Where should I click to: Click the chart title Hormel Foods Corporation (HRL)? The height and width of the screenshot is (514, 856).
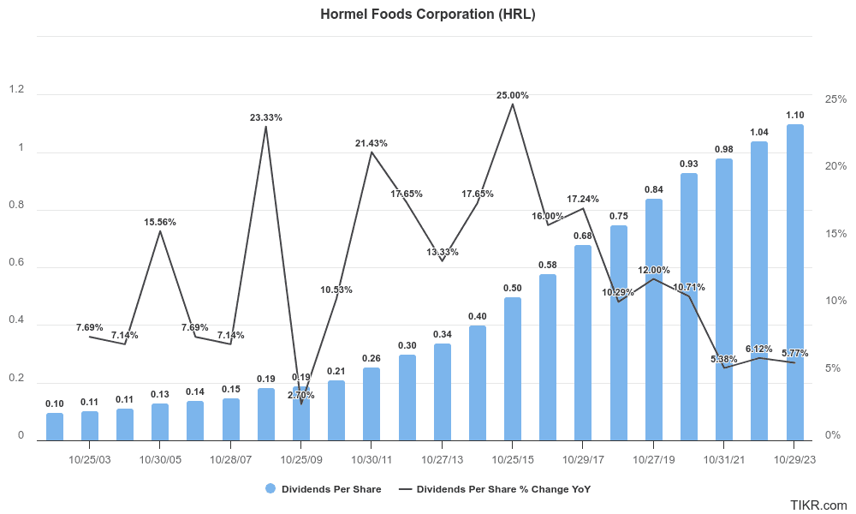click(427, 14)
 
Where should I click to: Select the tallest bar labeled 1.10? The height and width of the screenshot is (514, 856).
click(794, 283)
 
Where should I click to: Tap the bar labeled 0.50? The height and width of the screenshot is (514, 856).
click(513, 368)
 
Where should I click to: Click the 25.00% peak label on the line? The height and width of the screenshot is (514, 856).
click(513, 95)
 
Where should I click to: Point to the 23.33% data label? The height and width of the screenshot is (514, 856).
click(266, 117)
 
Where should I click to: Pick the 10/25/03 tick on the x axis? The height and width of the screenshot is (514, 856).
click(90, 460)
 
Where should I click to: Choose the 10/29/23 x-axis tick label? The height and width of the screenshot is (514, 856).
click(794, 460)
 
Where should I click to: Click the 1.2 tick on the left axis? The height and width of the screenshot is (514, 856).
click(15, 90)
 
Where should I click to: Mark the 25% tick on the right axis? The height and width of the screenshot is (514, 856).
click(835, 99)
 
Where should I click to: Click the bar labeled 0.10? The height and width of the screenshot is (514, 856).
click(55, 427)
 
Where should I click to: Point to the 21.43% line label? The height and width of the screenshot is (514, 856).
click(372, 143)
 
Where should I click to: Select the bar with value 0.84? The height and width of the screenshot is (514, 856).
click(653, 320)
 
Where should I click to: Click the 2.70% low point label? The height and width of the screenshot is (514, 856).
click(301, 395)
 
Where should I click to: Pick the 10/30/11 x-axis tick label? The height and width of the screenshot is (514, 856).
click(372, 460)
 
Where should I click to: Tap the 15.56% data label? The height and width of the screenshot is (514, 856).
click(160, 222)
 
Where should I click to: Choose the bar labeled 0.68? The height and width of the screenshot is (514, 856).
click(583, 343)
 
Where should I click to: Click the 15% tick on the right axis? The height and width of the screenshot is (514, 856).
click(835, 234)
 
